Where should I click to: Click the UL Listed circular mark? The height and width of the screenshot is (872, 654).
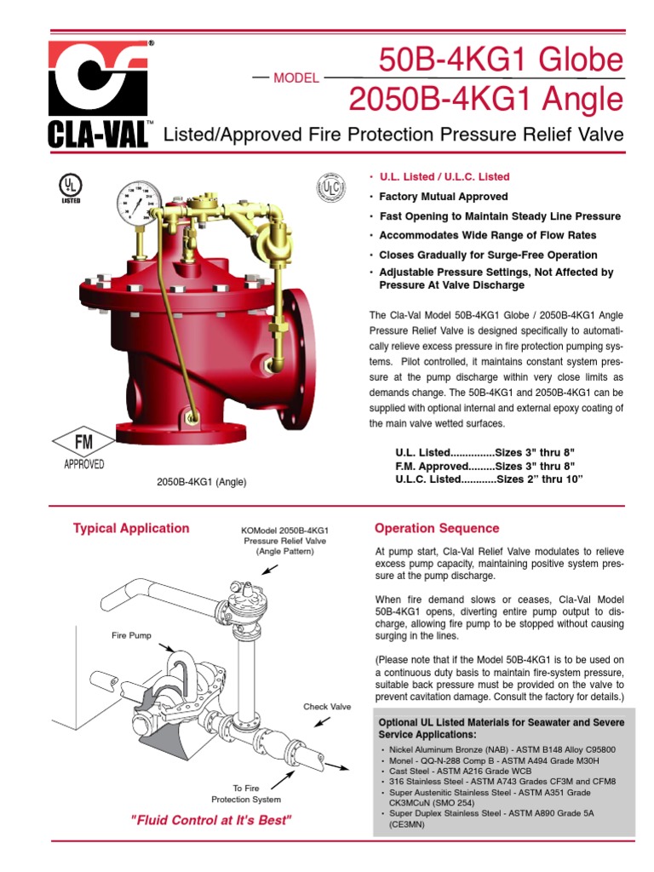(x=71, y=187)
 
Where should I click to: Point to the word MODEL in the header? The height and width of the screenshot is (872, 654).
(x=295, y=77)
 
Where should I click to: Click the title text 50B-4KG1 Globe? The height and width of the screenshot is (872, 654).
(x=501, y=60)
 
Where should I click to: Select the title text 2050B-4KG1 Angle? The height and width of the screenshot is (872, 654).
(x=485, y=99)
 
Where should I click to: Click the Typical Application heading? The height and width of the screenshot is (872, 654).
(x=131, y=528)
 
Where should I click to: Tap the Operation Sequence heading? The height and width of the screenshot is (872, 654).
(x=437, y=528)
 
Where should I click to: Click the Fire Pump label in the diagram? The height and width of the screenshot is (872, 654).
(x=130, y=635)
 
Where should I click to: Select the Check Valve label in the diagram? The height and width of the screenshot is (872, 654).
(x=327, y=707)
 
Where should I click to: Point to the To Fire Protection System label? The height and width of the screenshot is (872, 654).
(x=246, y=794)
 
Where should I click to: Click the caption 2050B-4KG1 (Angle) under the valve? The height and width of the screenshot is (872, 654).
(x=201, y=482)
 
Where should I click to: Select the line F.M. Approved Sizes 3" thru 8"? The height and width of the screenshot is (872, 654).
(x=489, y=467)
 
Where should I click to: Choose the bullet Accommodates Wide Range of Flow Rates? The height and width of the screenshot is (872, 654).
(x=487, y=235)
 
